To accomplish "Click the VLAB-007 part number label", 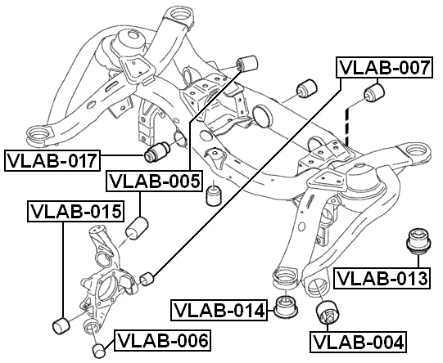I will (383, 69).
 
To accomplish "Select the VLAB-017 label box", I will (52, 159).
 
